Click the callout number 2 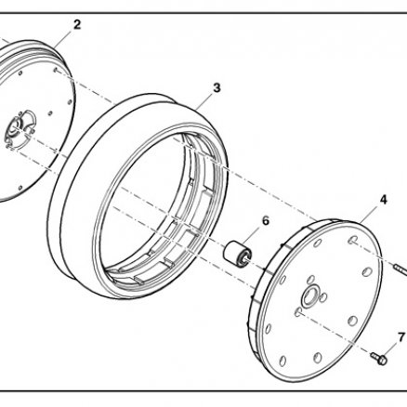(77, 24)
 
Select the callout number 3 (217, 88)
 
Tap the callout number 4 (384, 200)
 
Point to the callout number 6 (266, 221)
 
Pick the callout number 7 (401, 336)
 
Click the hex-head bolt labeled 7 (379, 358)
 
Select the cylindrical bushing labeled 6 (238, 254)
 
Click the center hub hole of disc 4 (309, 298)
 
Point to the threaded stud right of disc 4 (400, 269)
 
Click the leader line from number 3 (206, 99)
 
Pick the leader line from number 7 (391, 349)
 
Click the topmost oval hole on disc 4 (352, 240)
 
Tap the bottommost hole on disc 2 (20, 188)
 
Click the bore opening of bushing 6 (245, 257)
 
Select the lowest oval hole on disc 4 (282, 361)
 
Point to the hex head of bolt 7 (383, 360)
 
